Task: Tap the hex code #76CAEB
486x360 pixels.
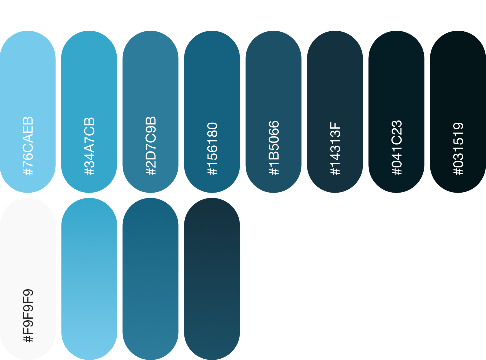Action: click(28, 146)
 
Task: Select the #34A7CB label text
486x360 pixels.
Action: click(89, 146)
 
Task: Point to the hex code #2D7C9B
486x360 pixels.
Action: click(151, 146)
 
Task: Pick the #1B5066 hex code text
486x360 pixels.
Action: click(274, 148)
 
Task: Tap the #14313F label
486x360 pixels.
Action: click(335, 148)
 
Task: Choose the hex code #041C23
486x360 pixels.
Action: click(397, 148)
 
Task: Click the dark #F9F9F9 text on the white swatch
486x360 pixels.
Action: click(28, 316)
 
